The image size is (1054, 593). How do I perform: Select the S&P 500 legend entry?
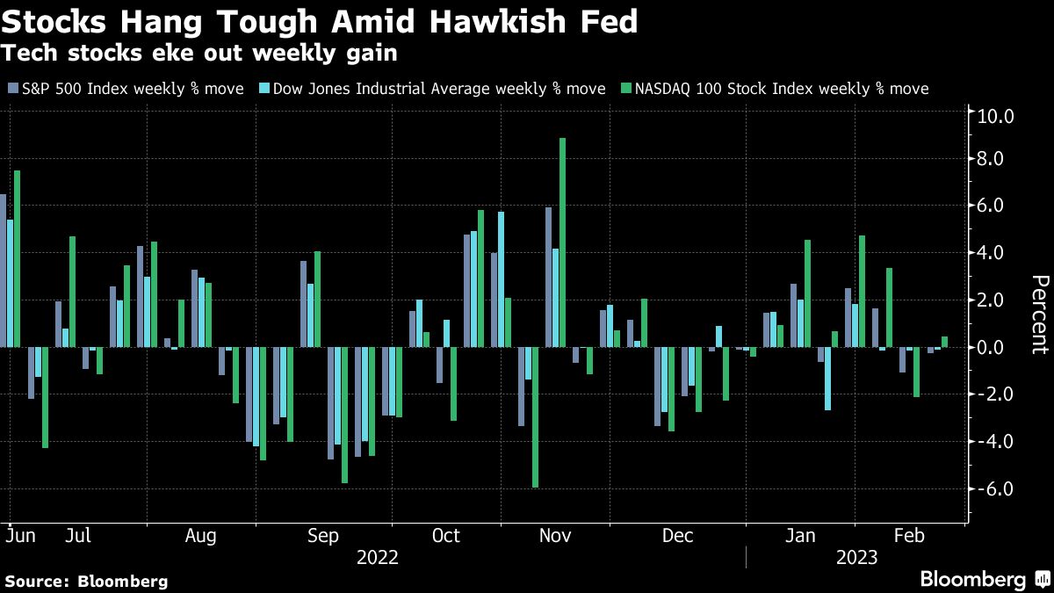(128, 89)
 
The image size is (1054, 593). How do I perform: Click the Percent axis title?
(1039, 314)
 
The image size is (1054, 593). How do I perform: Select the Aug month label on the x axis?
(202, 536)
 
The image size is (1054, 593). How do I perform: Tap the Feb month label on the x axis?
(909, 536)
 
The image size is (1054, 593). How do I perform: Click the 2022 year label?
(377, 558)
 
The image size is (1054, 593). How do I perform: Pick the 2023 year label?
(856, 558)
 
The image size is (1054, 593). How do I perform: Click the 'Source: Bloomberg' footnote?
(86, 581)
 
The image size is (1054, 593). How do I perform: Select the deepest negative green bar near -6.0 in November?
(535, 417)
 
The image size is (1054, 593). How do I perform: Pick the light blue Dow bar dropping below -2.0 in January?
(827, 379)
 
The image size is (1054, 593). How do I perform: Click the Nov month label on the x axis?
(554, 536)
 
